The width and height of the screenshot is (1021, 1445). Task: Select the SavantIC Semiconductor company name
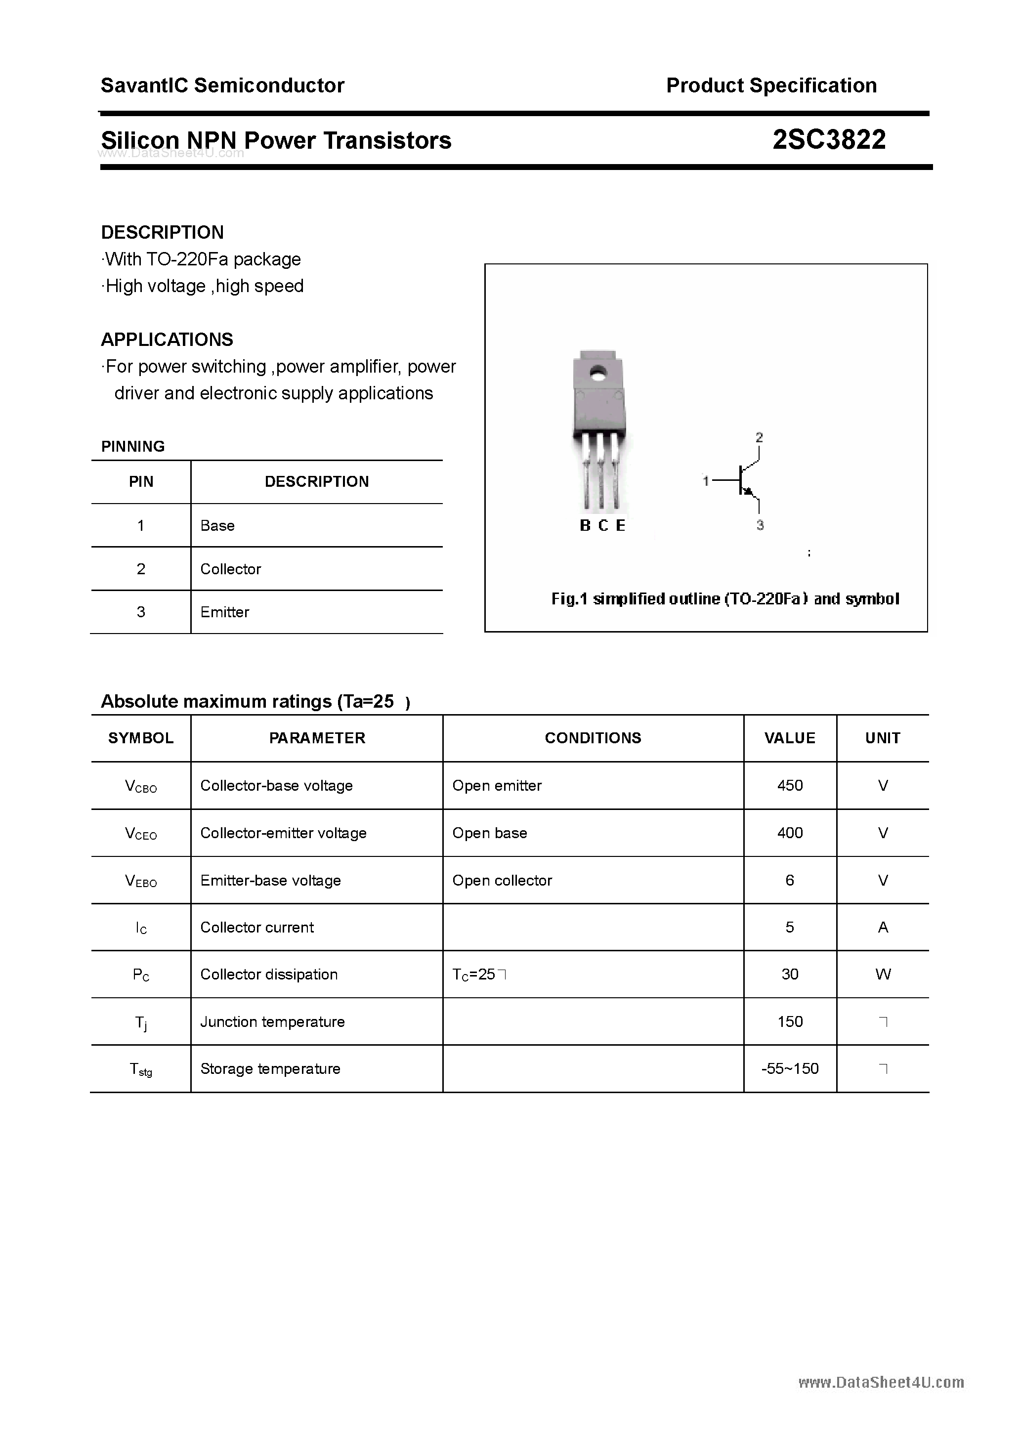(222, 85)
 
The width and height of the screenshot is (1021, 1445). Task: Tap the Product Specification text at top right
(771, 85)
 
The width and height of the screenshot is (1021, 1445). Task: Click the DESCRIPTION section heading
(163, 232)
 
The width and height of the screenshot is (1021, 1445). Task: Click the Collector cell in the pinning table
(230, 569)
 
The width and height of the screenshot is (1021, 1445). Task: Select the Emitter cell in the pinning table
(225, 612)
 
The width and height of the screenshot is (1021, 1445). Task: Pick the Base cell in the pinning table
(217, 525)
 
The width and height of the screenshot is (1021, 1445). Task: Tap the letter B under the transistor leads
(585, 525)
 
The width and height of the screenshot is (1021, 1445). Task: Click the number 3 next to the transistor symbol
(760, 525)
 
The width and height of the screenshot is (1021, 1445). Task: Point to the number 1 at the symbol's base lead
(706, 481)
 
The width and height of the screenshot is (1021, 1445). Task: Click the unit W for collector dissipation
(883, 974)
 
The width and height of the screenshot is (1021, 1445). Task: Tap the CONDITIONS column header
(593, 738)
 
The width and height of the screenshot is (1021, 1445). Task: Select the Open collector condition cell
(502, 881)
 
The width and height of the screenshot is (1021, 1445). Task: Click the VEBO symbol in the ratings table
(140, 881)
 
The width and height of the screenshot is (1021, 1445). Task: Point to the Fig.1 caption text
(724, 598)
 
